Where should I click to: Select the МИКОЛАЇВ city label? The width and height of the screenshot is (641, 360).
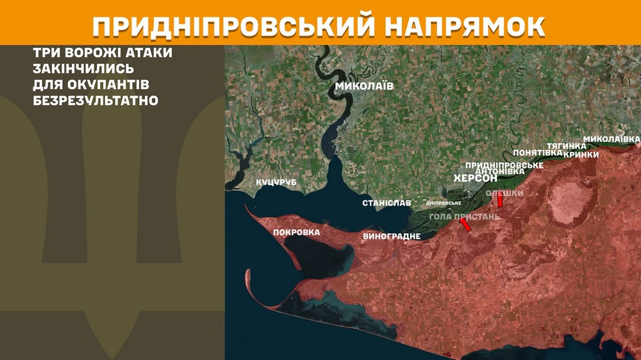pos(364,85)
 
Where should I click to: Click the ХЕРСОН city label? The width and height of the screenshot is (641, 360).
pos(475,178)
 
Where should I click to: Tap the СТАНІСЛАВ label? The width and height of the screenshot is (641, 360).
pos(387,202)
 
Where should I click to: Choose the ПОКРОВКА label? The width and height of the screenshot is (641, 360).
pos(296,232)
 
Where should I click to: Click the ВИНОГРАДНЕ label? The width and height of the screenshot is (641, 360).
pos(392,236)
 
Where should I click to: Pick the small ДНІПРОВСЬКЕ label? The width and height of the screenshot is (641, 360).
pos(444,203)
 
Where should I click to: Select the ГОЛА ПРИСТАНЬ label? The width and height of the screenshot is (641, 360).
pos(464,217)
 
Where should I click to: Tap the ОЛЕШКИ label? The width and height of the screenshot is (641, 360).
pos(504,193)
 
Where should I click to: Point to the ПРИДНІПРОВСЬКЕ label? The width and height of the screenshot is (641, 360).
pos(504,165)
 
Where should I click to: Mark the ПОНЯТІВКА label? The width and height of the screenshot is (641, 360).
pos(537,153)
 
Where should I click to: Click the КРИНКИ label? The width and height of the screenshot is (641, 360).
pos(581,154)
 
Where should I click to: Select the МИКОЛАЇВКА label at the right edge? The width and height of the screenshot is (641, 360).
pos(612,139)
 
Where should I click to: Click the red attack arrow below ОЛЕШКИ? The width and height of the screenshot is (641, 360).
pos(500,201)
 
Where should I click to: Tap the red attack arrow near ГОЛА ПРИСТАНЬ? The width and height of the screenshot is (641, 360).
pos(466,224)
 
